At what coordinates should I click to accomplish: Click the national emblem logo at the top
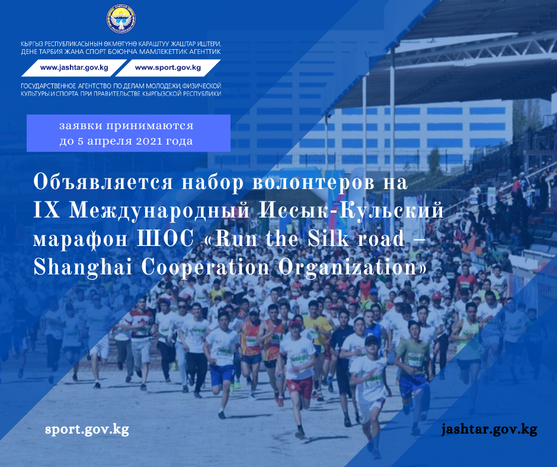coord(121,19)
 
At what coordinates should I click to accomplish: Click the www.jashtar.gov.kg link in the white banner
coord(74,68)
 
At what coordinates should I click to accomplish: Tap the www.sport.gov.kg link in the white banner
coord(168,68)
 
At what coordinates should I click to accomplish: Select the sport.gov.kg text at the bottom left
coord(87,429)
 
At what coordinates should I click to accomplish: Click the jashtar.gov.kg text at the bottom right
coord(489,429)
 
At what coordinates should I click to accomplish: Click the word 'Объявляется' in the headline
coord(103,183)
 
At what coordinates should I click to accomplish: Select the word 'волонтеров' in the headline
coord(313,183)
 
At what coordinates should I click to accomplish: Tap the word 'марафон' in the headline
coord(80,239)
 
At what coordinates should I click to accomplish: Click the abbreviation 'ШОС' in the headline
coord(166,239)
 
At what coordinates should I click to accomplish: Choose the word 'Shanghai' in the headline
coord(83,267)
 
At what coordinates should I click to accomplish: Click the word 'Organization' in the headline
coord(349,267)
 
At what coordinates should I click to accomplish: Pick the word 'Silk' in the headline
coord(328,238)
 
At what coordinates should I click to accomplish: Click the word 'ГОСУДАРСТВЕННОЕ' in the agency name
coord(49,86)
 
